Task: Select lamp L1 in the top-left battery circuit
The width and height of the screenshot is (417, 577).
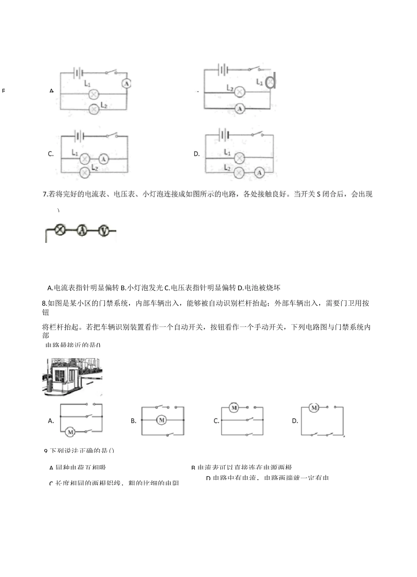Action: pyautogui.click(x=93, y=94)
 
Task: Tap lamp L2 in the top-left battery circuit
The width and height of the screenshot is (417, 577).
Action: pyautogui.click(x=93, y=109)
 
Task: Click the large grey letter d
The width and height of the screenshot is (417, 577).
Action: pyautogui.click(x=271, y=81)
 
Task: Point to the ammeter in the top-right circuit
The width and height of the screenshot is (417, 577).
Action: pyautogui.click(x=239, y=108)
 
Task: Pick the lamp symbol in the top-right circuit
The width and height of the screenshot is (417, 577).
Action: pyautogui.click(x=239, y=92)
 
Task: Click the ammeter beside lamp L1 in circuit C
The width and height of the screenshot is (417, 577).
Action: pyautogui.click(x=103, y=158)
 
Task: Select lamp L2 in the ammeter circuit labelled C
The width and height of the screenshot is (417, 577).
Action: pyautogui.click(x=84, y=173)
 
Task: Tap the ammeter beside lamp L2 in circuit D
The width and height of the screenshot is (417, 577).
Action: pyautogui.click(x=259, y=173)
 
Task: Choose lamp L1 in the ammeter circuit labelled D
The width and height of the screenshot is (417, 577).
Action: pyautogui.click(x=239, y=158)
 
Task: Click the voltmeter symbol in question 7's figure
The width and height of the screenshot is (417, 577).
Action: pyautogui.click(x=103, y=230)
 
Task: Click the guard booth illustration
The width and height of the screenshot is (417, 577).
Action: pyautogui.click(x=72, y=377)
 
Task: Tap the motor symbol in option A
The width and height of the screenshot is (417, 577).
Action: pyautogui.click(x=70, y=432)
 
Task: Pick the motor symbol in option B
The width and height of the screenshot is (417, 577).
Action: pyautogui.click(x=162, y=420)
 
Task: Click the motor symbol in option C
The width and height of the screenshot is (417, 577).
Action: pyautogui.click(x=234, y=408)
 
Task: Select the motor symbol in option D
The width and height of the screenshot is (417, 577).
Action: pyautogui.click(x=314, y=408)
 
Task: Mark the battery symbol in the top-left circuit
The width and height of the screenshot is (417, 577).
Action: pyautogui.click(x=79, y=73)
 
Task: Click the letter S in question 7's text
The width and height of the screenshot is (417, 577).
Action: pyautogui.click(x=318, y=194)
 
